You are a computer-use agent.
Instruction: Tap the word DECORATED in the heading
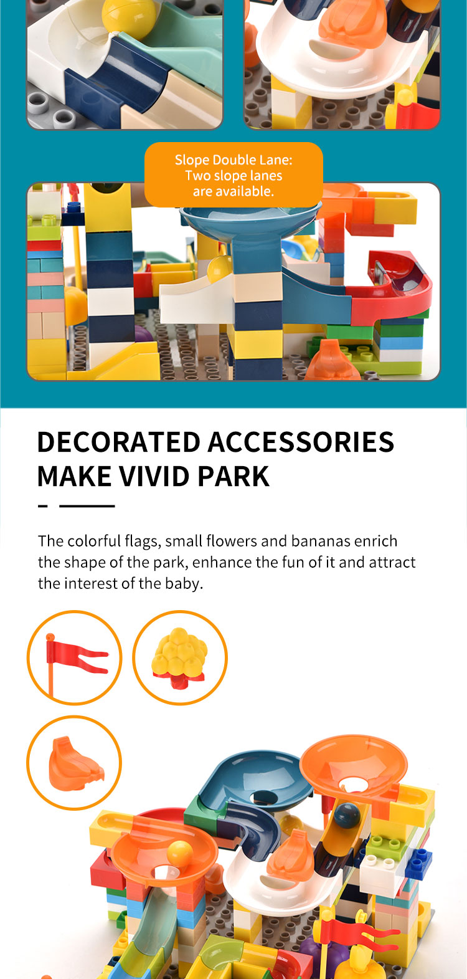pos(118,442)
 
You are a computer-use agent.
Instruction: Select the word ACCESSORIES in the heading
pos(301,442)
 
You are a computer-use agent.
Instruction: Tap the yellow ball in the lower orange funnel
pos(179,852)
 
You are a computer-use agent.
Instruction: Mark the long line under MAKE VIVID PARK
pos(87,505)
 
